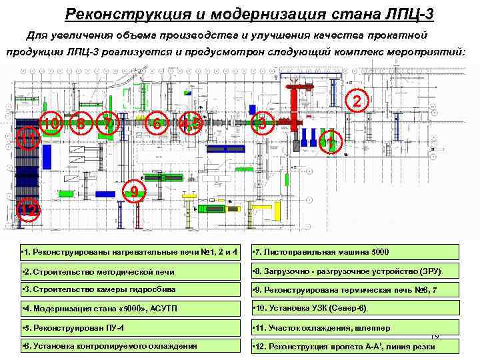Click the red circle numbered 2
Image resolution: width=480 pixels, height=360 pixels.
pos(358,101)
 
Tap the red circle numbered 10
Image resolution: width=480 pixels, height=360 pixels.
pos(51,123)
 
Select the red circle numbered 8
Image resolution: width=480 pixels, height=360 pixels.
pos(80,124)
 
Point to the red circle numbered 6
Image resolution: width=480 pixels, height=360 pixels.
pos(156,123)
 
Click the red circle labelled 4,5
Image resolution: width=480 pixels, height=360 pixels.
pos(191,123)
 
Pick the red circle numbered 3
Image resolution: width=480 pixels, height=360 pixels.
pos(262,123)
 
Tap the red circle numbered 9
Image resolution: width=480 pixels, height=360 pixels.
pos(135,192)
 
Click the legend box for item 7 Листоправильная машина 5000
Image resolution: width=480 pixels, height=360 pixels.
pos(355,252)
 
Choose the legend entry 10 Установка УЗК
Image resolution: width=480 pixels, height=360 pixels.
pos(355,308)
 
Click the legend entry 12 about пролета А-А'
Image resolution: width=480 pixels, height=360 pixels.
pos(355,346)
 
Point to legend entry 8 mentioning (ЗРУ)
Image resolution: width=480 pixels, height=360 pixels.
pos(355,271)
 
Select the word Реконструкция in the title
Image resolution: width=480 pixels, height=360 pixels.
pos(114,13)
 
